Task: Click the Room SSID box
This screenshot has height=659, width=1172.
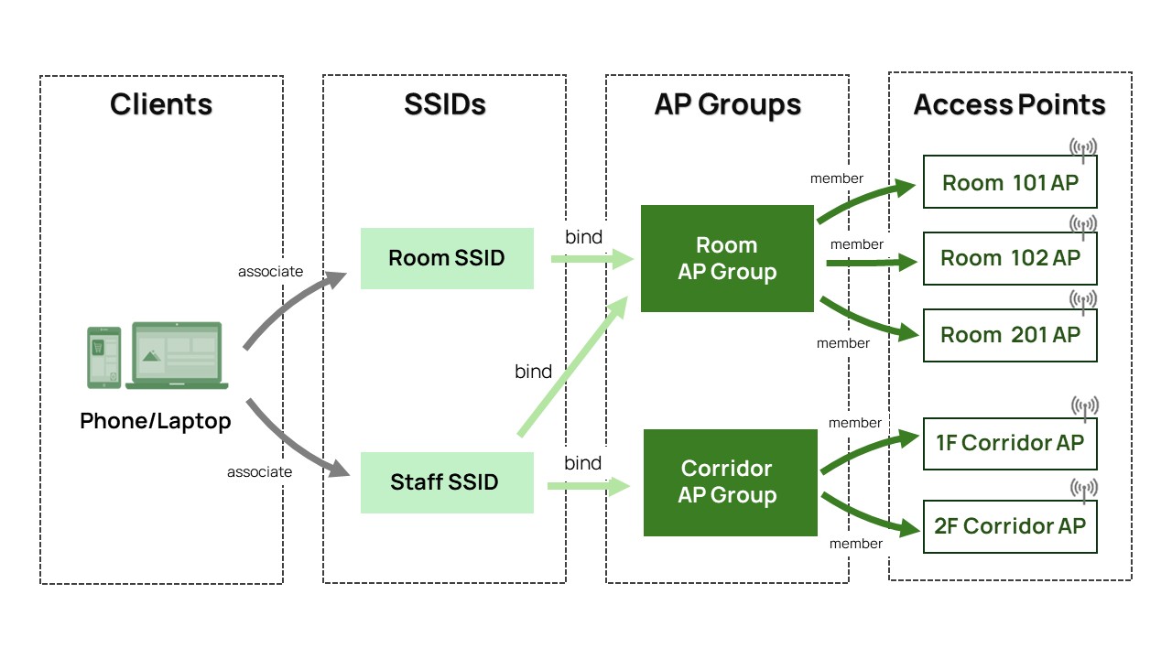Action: coord(447,258)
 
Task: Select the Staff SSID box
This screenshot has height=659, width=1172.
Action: coord(447,482)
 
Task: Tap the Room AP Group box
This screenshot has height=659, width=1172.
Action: coord(727,258)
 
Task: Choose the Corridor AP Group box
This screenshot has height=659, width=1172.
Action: coord(731,482)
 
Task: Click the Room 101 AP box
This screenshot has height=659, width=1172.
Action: coord(1010,182)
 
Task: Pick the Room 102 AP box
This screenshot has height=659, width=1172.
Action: coord(1010,258)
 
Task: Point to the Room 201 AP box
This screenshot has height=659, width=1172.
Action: coord(1010,335)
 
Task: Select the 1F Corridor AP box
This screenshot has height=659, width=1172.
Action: coord(1010,444)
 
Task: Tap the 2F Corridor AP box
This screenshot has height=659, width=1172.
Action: coord(1010,526)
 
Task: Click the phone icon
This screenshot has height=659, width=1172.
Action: coord(103,358)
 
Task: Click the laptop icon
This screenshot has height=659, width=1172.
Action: coord(177,356)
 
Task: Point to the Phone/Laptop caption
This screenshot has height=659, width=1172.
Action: coord(156,421)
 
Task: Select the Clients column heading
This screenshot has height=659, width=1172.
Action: coord(161,104)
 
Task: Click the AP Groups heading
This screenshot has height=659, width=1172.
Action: coord(727,104)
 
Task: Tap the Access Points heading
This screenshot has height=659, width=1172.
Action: coord(1010,104)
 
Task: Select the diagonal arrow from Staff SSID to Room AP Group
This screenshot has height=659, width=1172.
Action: coord(572,365)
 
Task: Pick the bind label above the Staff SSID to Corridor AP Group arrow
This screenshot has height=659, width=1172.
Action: coord(583,463)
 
